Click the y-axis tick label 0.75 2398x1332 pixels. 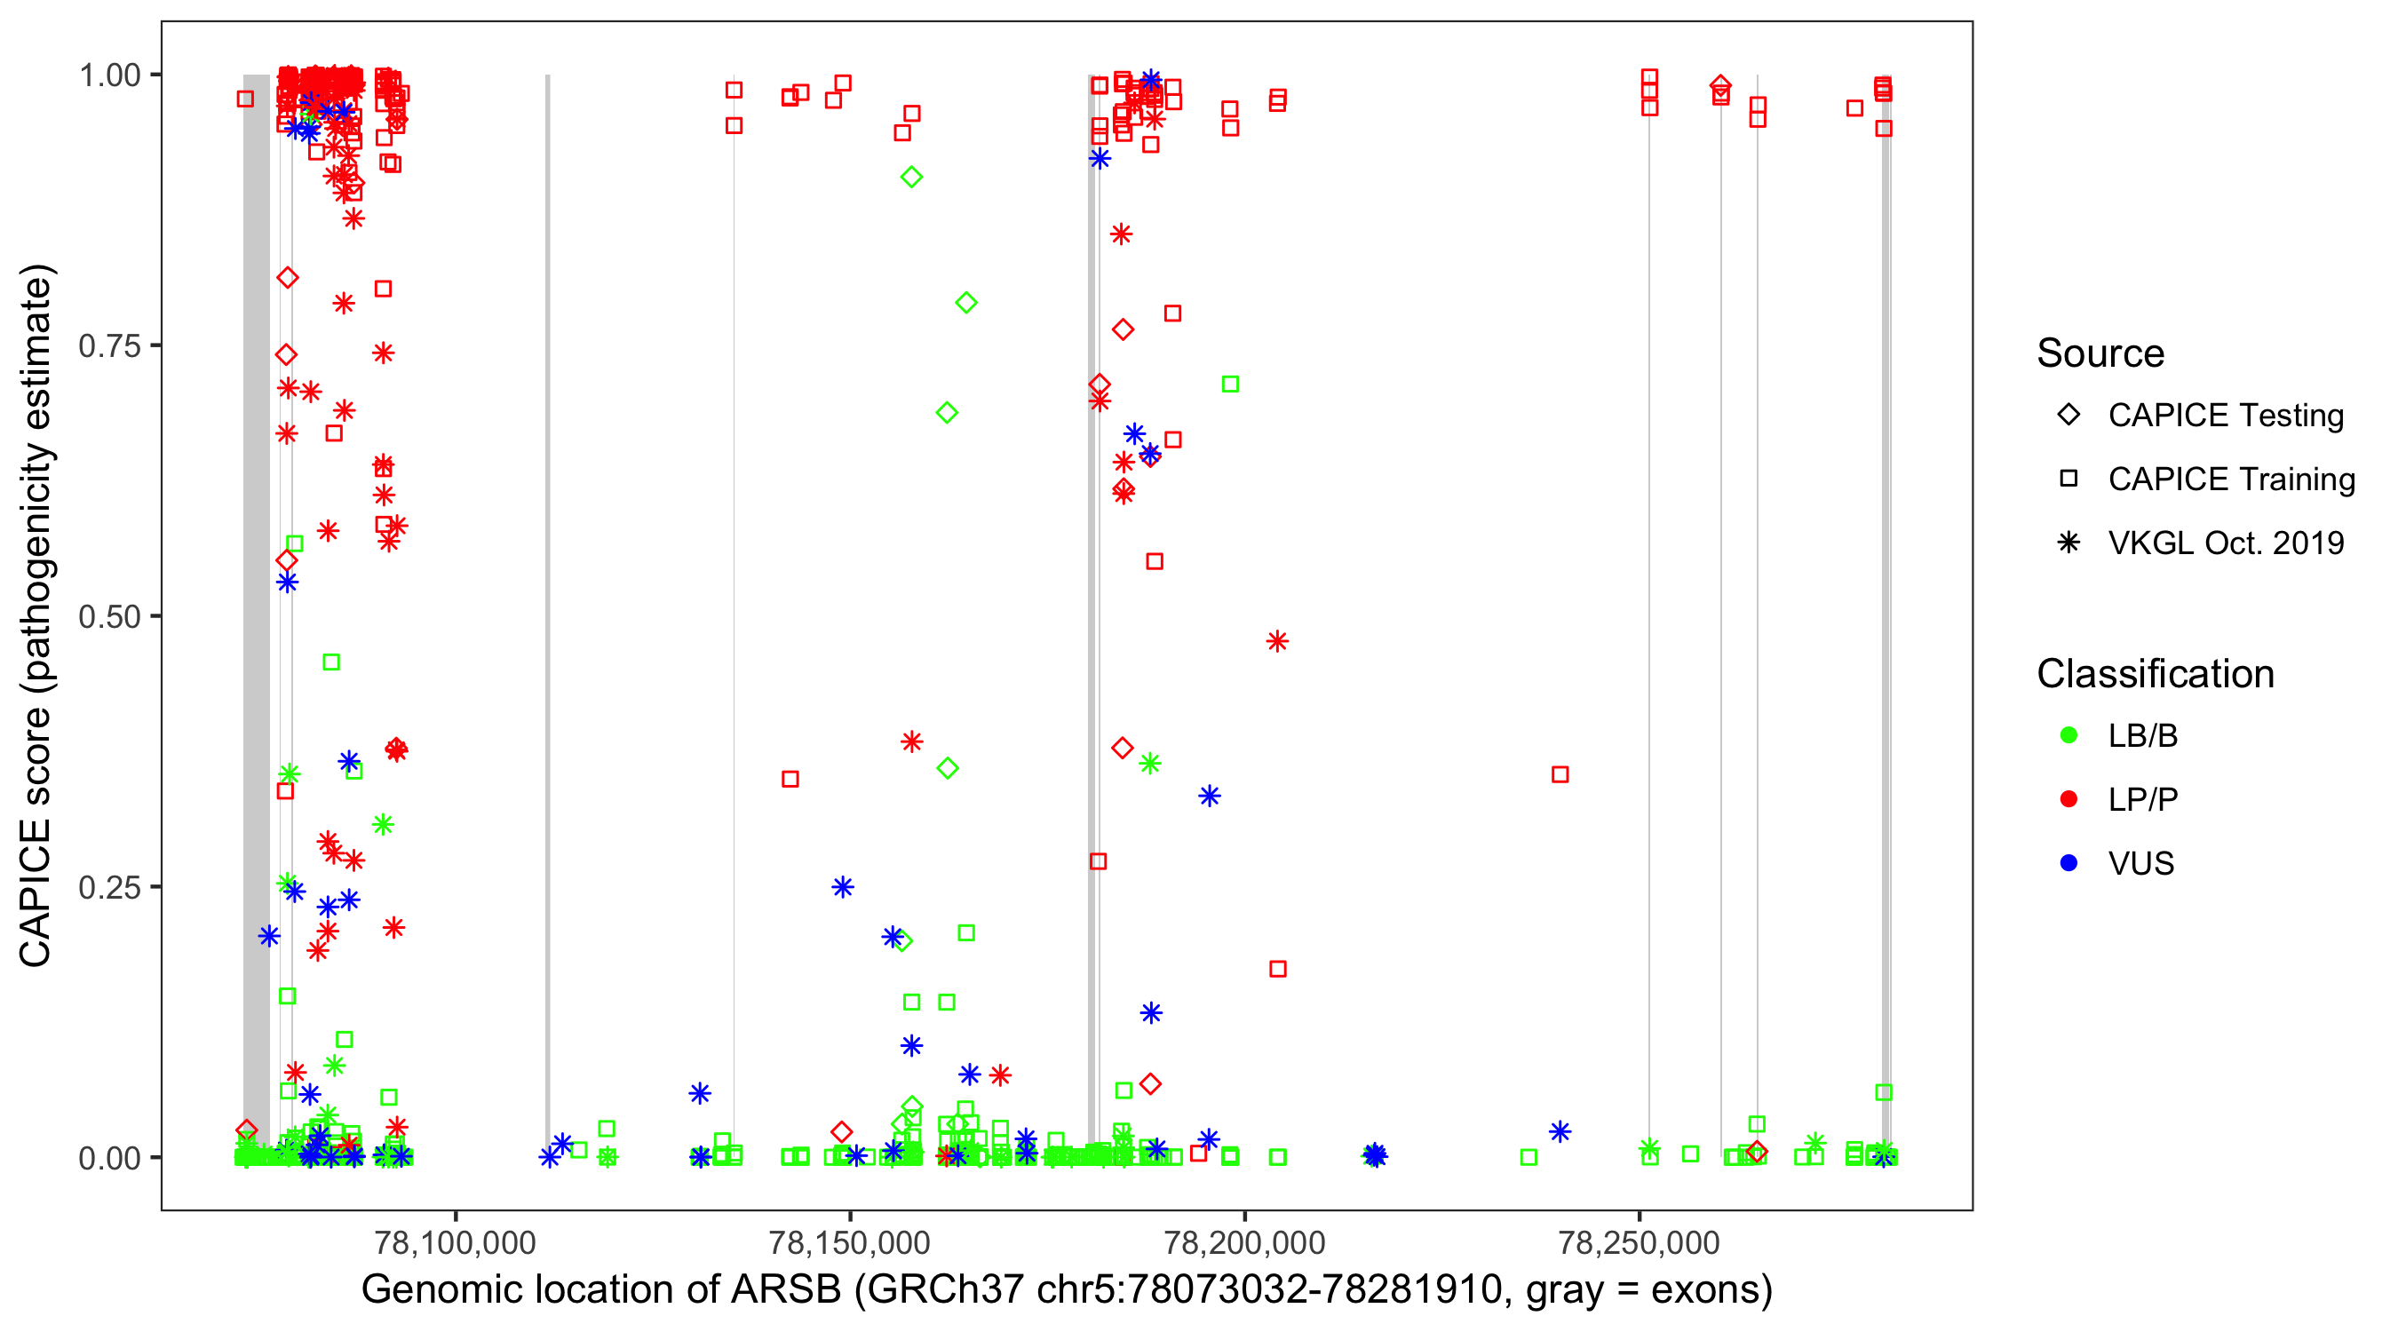click(108, 346)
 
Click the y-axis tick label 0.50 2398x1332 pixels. click(108, 616)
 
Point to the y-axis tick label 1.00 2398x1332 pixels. click(108, 75)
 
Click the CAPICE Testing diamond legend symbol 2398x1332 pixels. click(2068, 416)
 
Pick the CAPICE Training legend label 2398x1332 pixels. click(2230, 480)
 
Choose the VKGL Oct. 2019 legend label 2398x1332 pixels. click(2225, 543)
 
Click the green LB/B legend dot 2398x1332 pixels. click(2068, 735)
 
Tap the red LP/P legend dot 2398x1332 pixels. click(2068, 799)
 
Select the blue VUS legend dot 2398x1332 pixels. click(2068, 864)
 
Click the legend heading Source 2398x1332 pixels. click(2100, 353)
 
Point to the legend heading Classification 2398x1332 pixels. click(2154, 674)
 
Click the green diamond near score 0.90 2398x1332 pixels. click(911, 177)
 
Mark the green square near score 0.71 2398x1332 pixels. click(1230, 385)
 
